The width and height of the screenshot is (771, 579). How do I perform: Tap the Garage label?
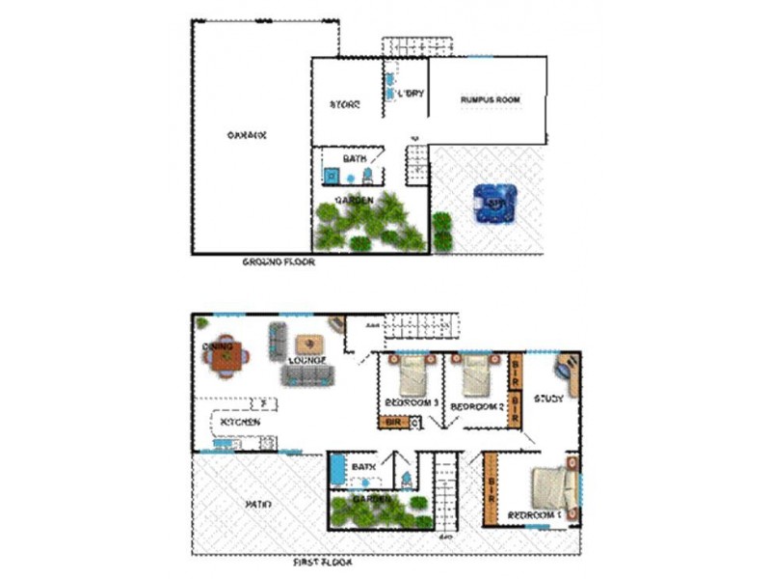tap(246, 136)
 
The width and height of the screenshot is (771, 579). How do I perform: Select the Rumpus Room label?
tap(490, 99)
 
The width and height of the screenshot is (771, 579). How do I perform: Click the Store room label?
tap(345, 104)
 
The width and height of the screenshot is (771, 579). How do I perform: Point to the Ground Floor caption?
tap(279, 261)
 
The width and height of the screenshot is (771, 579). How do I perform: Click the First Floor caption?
tap(322, 561)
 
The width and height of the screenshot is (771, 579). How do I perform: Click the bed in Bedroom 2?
tap(477, 374)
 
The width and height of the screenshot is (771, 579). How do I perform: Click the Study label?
tap(548, 399)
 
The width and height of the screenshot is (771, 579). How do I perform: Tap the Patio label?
tap(258, 505)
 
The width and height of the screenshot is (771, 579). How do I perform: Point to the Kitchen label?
tap(239, 423)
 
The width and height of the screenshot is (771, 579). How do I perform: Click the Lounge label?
tap(306, 361)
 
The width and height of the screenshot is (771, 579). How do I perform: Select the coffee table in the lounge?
tap(309, 345)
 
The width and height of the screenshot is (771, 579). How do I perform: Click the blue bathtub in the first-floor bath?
tap(336, 472)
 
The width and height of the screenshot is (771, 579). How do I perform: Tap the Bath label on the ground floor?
tap(355, 158)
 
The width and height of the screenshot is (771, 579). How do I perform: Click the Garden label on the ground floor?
tap(354, 200)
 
